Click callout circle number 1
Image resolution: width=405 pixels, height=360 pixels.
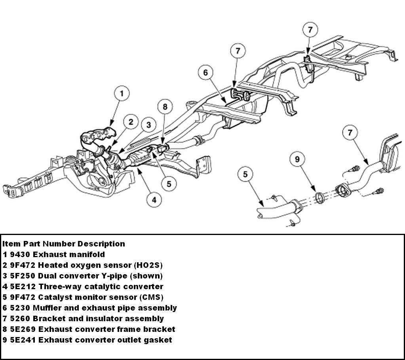pyautogui.click(x=122, y=93)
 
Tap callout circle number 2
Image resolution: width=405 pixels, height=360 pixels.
pyautogui.click(x=131, y=122)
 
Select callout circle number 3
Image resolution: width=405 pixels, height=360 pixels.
pyautogui.click(x=148, y=125)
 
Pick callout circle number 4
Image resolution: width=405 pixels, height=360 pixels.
pyautogui.click(x=154, y=200)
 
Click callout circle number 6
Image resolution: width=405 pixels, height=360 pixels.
pyautogui.click(x=205, y=72)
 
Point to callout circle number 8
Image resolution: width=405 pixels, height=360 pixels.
pyautogui.click(x=165, y=106)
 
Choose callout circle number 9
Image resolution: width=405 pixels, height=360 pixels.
pyautogui.click(x=297, y=159)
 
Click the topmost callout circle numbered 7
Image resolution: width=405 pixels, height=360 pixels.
pyautogui.click(x=310, y=30)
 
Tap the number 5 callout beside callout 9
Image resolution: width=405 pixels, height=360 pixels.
pyautogui.click(x=245, y=174)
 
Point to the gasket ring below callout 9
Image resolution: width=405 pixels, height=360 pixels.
pyautogui.click(x=320, y=198)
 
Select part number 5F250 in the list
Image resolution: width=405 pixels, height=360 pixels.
pyautogui.click(x=23, y=276)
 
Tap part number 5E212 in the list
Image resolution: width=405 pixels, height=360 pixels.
pyautogui.click(x=23, y=286)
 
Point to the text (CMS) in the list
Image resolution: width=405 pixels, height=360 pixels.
pyautogui.click(x=151, y=297)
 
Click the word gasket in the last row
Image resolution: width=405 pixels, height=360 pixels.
pyautogui.click(x=158, y=340)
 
